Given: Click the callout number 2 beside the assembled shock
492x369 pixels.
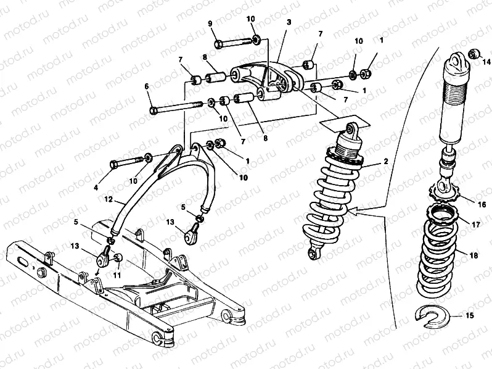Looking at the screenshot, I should click(385, 162).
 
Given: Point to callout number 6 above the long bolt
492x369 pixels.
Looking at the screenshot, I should click(147, 87).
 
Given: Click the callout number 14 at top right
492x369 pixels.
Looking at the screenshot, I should click(486, 60).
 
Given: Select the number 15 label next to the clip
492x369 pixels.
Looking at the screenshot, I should click(469, 317).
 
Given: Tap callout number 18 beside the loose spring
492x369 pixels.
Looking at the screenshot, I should click(474, 253).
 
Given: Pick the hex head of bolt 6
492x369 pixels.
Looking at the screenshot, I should click(154, 111).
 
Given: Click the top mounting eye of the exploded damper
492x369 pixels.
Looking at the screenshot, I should click(457, 60).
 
